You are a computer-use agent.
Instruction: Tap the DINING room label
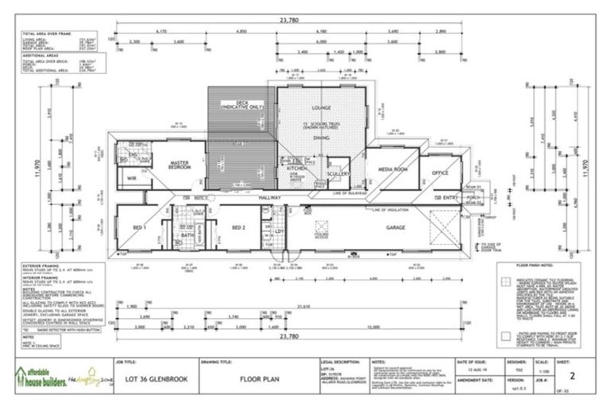(x=321, y=138)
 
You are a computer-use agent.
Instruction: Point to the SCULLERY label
(x=338, y=173)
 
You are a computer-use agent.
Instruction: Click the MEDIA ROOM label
(x=392, y=169)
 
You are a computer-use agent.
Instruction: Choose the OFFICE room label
(x=439, y=172)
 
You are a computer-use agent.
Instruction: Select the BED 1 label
(x=140, y=227)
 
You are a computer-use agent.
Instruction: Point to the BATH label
(x=187, y=235)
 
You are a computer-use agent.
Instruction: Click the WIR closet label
(x=132, y=180)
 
